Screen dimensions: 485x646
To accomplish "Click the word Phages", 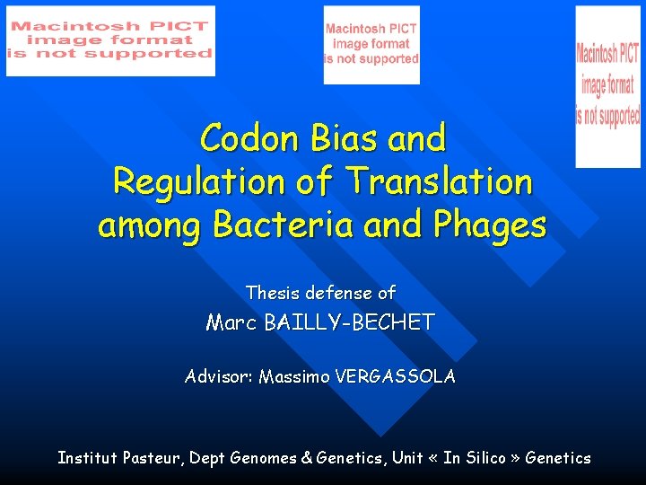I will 489,225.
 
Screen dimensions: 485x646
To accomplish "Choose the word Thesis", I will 273,293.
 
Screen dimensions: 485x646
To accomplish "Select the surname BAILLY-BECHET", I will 350,322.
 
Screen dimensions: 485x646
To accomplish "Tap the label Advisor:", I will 218,377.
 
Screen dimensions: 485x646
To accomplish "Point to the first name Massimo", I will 293,377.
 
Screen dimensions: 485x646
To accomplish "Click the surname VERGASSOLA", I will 395,377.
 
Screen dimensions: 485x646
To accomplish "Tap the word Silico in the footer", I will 486,458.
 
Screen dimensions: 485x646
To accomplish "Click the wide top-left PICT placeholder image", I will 110,40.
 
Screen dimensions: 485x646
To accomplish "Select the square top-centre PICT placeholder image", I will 371,44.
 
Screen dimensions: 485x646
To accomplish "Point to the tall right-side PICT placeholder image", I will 607,86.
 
